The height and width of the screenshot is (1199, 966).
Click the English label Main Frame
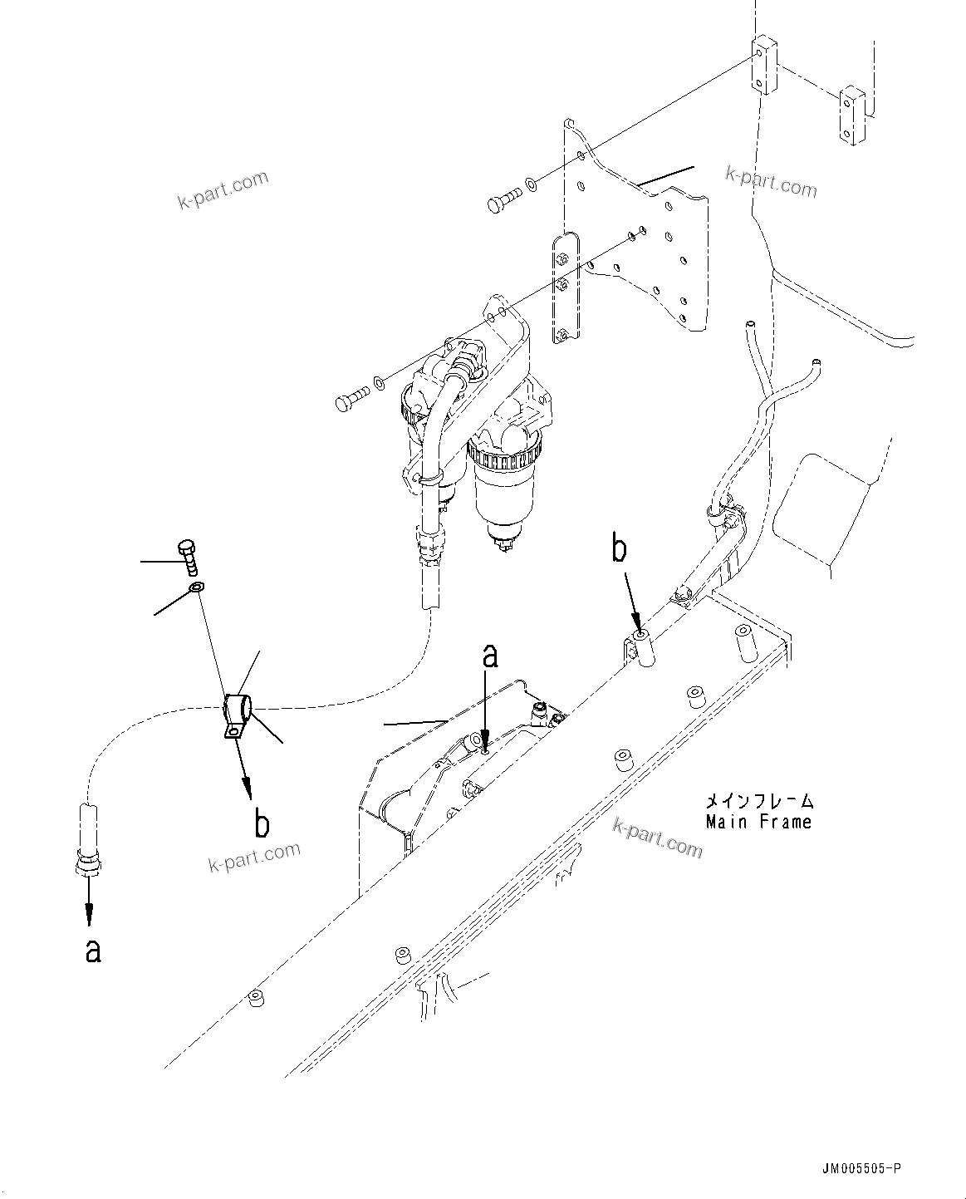(758, 822)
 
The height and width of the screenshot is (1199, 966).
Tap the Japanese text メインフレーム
(758, 802)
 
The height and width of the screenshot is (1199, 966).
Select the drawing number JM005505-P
(859, 1168)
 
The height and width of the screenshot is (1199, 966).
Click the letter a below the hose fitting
(94, 950)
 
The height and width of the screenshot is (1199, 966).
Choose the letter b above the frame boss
(620, 549)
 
